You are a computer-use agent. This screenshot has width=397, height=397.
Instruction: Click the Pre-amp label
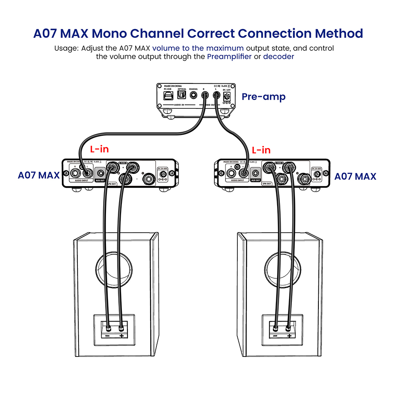click(x=264, y=96)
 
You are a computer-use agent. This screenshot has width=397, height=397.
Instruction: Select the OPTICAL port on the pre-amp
click(x=182, y=95)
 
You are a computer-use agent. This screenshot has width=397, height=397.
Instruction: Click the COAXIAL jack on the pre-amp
click(x=194, y=95)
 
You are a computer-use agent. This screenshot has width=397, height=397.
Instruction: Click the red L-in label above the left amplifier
click(x=99, y=150)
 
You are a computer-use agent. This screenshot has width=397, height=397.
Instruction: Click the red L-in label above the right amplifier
click(x=261, y=150)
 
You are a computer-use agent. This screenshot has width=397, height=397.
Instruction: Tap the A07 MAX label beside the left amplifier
click(x=39, y=175)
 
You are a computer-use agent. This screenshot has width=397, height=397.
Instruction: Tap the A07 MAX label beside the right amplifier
click(x=355, y=176)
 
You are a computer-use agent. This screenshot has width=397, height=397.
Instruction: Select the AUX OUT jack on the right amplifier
click(x=256, y=173)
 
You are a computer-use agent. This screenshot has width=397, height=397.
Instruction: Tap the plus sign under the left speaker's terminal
click(x=121, y=336)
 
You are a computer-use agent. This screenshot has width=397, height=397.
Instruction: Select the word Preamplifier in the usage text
click(x=229, y=56)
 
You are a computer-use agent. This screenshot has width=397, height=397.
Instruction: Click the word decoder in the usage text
click(x=279, y=56)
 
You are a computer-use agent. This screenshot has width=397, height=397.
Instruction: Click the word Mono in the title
click(x=159, y=33)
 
